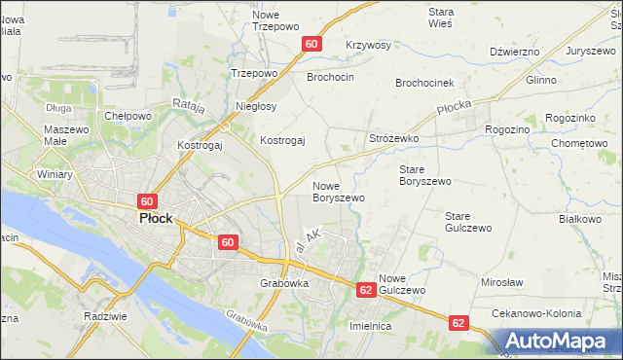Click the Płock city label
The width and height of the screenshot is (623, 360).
pos(155,219)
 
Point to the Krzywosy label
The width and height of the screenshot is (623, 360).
pos(368,46)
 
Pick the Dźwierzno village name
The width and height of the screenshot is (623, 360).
pos(515,52)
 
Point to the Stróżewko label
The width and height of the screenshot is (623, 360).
pos(393,139)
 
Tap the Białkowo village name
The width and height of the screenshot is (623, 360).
pos(580,219)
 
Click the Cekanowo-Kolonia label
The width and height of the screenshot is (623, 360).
pos(536,314)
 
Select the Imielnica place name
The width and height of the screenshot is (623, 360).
pos(370,327)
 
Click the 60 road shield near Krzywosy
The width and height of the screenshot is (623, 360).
pos(311,45)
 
